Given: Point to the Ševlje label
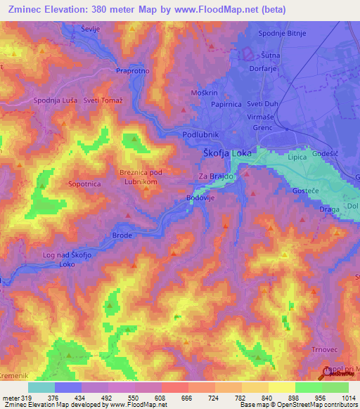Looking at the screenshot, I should tap(91, 29).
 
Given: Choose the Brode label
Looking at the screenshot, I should tap(122, 235).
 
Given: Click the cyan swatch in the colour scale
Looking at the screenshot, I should tap(41, 387).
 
